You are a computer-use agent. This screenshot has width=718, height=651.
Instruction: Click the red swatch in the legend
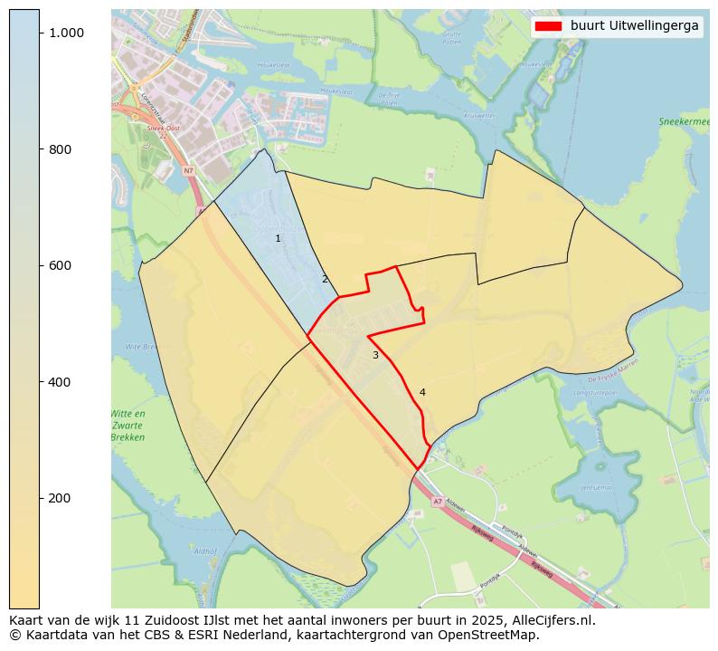(548, 26)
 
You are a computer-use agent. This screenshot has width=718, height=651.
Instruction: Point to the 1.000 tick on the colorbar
(65, 33)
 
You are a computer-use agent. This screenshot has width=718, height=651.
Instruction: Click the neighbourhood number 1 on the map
(278, 238)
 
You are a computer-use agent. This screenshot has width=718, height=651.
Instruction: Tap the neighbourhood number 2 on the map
(325, 279)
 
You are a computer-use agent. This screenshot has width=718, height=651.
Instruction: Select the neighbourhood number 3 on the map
(375, 355)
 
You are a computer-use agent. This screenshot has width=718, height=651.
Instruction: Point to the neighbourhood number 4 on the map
(422, 392)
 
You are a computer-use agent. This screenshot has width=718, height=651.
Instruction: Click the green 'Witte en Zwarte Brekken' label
(128, 426)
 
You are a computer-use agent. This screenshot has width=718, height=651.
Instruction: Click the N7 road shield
(189, 170)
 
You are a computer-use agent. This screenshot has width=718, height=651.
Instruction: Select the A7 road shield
(438, 500)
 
